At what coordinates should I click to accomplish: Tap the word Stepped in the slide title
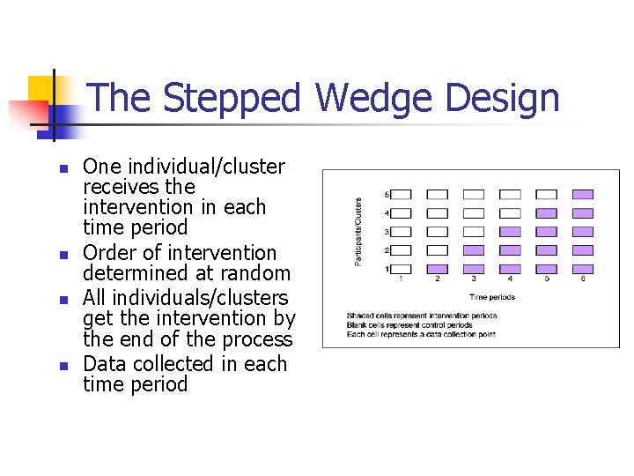(232, 98)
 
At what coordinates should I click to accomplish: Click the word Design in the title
(503, 98)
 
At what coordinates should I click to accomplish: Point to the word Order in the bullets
(109, 253)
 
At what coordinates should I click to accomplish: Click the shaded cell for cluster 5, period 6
(583, 194)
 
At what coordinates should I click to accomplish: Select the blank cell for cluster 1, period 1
(401, 269)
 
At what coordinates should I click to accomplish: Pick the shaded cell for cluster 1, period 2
(437, 269)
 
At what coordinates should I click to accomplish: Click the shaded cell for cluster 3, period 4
(510, 232)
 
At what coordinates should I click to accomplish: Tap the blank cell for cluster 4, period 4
(510, 213)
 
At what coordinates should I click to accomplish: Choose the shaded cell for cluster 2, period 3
(474, 250)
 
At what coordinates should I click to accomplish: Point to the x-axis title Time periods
(491, 298)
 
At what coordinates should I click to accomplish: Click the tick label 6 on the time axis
(583, 279)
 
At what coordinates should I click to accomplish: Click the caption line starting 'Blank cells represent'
(410, 325)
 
